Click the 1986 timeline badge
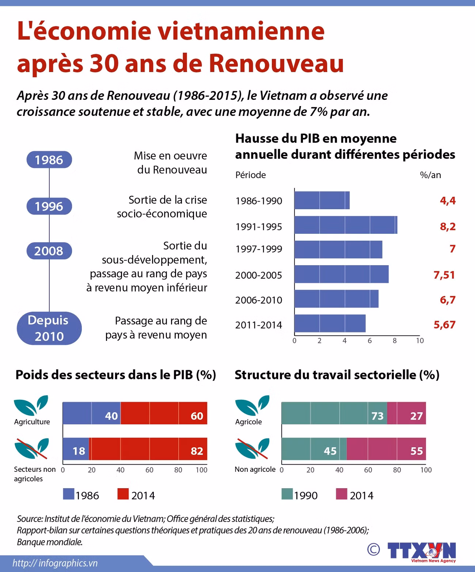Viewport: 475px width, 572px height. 49,160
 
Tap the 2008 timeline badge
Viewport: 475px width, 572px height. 49,251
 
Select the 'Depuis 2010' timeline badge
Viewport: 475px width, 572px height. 49,328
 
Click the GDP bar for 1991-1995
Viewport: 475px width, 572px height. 345,225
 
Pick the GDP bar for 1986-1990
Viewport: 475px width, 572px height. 322,200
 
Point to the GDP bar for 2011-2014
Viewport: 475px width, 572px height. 330,323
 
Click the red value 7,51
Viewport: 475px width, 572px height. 444,275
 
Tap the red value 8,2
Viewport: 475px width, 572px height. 448,226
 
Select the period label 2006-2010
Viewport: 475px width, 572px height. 259,300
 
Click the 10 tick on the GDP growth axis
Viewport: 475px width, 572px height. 420,340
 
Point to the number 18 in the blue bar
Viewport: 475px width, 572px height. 79,451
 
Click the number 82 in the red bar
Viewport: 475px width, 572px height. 197,451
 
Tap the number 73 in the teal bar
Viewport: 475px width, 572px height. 377,416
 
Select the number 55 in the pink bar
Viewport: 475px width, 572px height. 416,451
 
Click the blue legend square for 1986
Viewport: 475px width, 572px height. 69,494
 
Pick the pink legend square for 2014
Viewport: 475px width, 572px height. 341,494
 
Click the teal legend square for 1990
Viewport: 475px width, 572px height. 287,494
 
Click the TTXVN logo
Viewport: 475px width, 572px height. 421,551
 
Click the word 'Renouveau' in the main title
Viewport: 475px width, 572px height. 276,63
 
